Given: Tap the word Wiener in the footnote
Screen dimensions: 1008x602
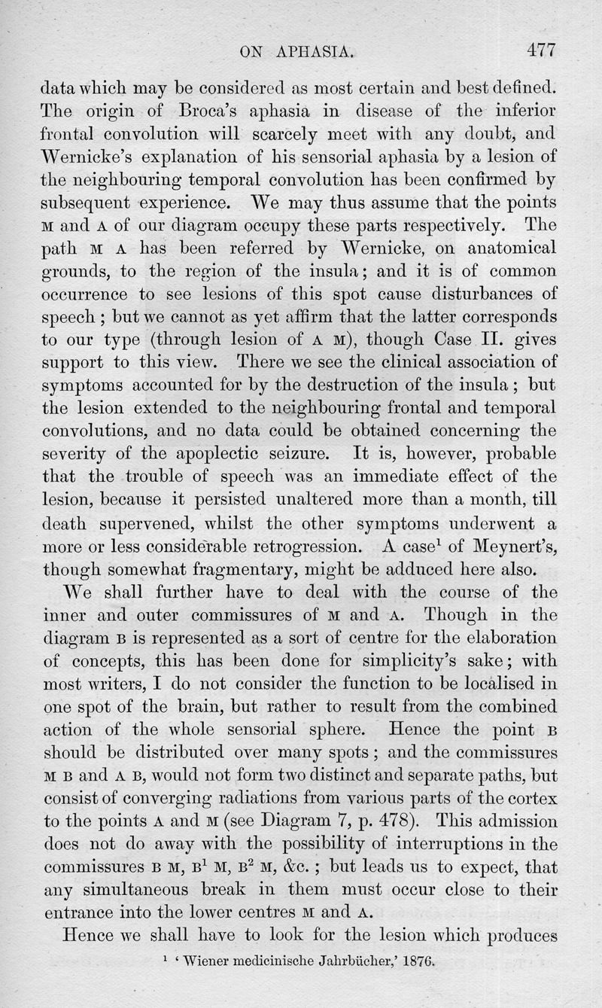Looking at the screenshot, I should pyautogui.click(x=214, y=960).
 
